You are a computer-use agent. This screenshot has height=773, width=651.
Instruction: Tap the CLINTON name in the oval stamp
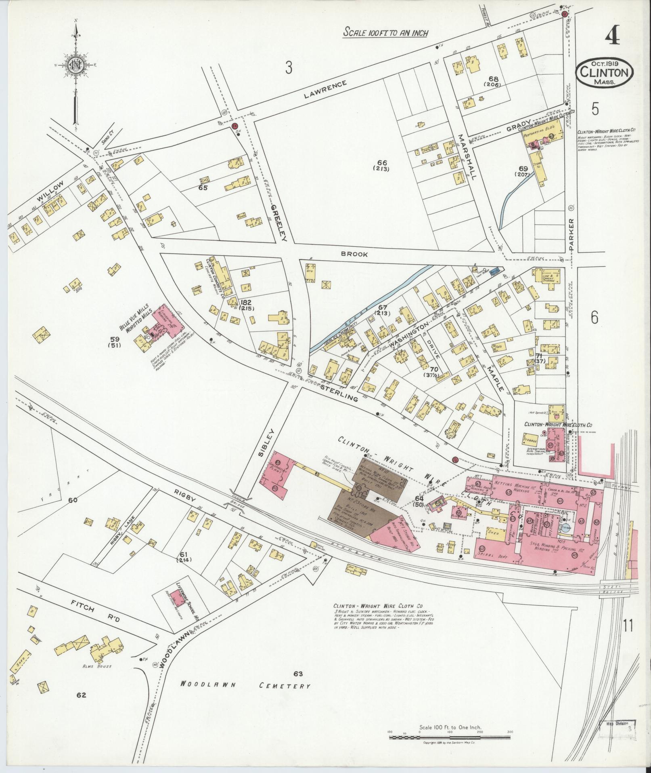pos(604,73)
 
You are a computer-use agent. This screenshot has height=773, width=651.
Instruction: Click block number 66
pos(381,165)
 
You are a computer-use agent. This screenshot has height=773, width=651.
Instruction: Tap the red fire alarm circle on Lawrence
pos(234,126)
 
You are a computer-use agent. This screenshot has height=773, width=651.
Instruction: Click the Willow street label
pos(54,192)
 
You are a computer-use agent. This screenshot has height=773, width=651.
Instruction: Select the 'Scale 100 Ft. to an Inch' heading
pos(385,33)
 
